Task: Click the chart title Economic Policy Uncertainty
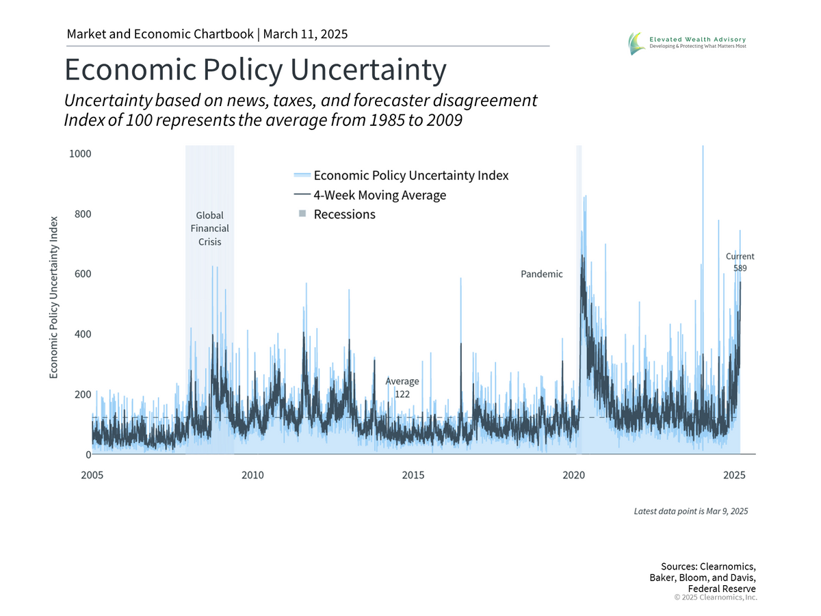[255, 70]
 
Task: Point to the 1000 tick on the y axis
[80, 153]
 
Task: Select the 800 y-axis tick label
[81, 214]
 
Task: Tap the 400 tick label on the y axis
[81, 334]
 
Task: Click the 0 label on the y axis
[88, 454]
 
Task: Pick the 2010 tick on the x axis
[252, 475]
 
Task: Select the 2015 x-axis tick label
[413, 475]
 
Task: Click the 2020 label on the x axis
[574, 475]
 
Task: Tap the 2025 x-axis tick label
[734, 475]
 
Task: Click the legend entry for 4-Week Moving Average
[380, 195]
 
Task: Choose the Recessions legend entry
[344, 214]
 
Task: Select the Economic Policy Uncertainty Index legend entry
[410, 175]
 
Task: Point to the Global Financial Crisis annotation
[209, 229]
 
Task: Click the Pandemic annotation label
[542, 274]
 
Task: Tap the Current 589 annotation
[740, 262]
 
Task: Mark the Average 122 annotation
[402, 387]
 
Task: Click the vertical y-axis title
[53, 297]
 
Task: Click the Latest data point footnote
[690, 511]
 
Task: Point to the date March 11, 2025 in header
[306, 34]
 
